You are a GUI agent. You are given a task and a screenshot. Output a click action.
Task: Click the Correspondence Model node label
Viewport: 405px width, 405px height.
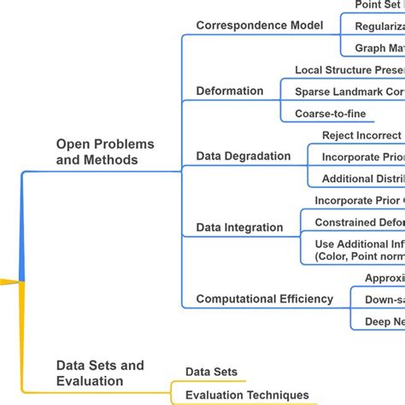tap(259, 26)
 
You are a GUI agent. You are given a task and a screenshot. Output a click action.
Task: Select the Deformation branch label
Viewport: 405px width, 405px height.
tap(230, 91)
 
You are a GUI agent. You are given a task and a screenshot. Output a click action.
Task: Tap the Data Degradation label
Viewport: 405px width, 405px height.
tap(243, 156)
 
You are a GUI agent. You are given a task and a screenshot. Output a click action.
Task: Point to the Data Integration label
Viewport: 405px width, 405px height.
tap(239, 227)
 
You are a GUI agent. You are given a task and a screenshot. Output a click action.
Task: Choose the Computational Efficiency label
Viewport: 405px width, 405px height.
tap(264, 298)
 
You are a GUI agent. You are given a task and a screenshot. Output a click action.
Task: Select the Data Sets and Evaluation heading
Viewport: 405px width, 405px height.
tap(100, 373)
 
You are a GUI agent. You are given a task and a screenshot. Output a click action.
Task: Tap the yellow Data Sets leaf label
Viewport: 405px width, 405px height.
tap(211, 373)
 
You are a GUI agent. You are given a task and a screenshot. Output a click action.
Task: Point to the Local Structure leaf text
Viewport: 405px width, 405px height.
tap(349, 70)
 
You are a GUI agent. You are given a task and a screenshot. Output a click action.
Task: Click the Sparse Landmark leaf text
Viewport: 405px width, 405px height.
tap(349, 91)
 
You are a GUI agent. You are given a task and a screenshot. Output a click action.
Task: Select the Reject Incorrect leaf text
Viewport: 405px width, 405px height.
tap(361, 136)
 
